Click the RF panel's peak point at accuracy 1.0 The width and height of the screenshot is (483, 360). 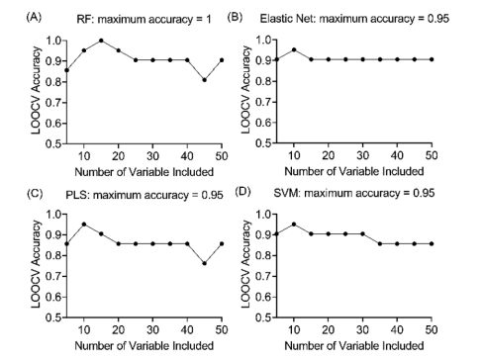pyautogui.click(x=101, y=41)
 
